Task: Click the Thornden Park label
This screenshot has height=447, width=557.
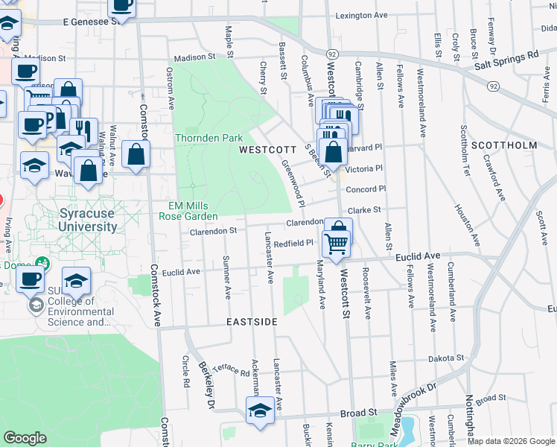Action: tap(209, 139)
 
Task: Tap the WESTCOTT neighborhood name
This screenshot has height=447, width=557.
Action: tap(263, 150)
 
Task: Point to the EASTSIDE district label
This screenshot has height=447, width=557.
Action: tap(252, 322)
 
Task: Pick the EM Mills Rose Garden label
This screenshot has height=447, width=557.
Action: tap(188, 211)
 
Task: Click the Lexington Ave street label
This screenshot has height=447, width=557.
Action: tap(362, 15)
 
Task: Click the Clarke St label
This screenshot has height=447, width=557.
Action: tap(364, 211)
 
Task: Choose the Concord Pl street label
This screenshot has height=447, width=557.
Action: tap(366, 189)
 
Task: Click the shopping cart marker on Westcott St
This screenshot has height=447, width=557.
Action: tap(337, 242)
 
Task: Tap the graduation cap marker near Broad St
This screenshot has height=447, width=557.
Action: tap(260, 410)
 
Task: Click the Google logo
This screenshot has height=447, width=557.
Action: tap(25, 438)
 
